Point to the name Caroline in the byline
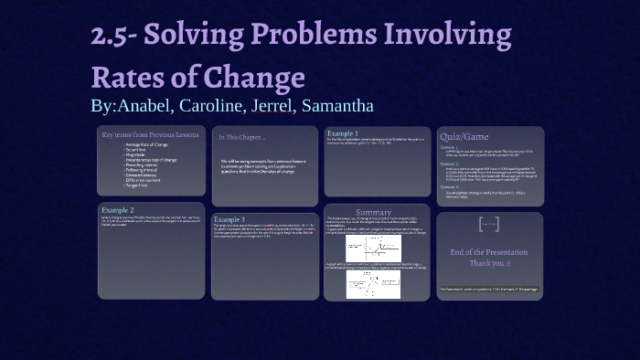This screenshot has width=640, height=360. coord(210,105)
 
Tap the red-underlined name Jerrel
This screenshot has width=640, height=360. coord(272,105)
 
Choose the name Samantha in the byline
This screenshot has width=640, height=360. coord(337,105)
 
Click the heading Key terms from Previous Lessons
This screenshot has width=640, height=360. coord(150,135)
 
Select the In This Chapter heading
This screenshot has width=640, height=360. coord(241,137)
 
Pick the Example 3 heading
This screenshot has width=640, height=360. coord(229,219)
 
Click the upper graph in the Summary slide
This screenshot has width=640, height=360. coord(373,248)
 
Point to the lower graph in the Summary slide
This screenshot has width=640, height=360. coord(373,284)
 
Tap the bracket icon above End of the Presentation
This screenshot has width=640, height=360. coord(489,224)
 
